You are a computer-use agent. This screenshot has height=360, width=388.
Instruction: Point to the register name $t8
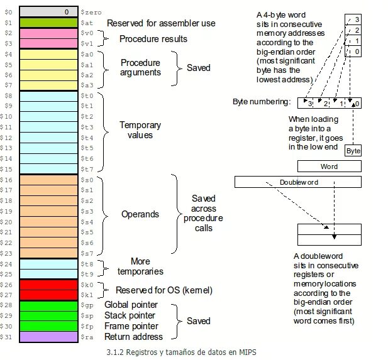pos(87,264)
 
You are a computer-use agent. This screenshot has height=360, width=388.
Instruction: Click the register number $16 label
pos(7,180)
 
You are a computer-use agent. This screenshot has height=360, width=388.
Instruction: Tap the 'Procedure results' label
pos(153,39)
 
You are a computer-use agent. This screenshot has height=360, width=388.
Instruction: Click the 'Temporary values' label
pos(140,130)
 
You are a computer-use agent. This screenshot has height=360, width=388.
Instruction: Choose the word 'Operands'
pos(140,214)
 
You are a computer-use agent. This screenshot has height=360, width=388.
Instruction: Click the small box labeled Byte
pos(353,151)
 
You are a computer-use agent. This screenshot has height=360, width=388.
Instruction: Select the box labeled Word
pos(329,166)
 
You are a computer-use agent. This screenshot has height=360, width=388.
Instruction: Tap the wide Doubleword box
pos(298,182)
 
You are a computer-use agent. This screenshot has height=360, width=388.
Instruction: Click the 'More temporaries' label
pos(140,266)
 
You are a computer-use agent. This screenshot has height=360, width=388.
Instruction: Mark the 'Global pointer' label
pos(131,305)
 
